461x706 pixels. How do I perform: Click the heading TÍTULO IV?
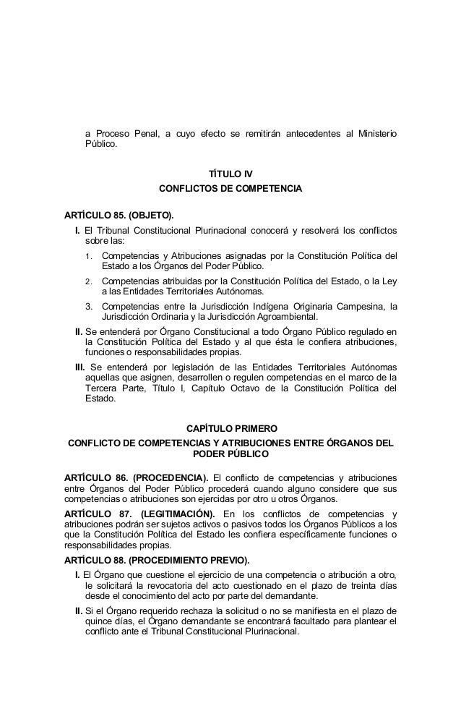[230, 174]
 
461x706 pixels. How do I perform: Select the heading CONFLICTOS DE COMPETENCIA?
[230, 190]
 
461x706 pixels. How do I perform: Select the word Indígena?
[293, 307]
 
